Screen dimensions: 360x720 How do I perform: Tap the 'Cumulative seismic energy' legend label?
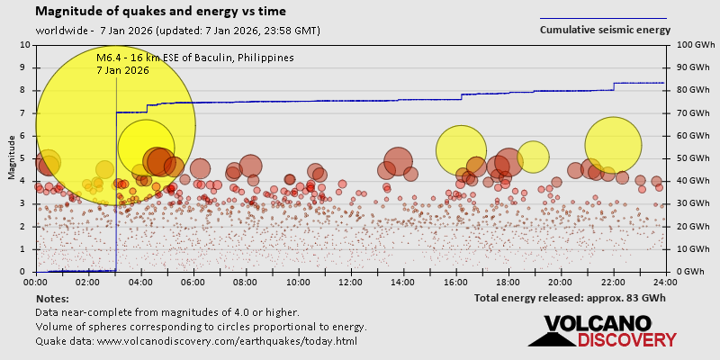605,29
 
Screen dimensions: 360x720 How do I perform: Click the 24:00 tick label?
666,281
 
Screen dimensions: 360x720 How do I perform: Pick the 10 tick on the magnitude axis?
24,45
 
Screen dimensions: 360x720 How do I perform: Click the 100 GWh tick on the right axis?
689,45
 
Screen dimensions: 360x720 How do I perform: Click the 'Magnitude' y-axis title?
11,158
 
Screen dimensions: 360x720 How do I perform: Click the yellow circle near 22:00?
613,146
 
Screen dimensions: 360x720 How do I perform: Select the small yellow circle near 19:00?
533,157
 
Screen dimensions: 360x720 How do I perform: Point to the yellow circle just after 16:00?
461,150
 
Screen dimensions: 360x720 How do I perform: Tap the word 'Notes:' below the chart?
52,298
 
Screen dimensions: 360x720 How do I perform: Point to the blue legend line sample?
603,17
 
